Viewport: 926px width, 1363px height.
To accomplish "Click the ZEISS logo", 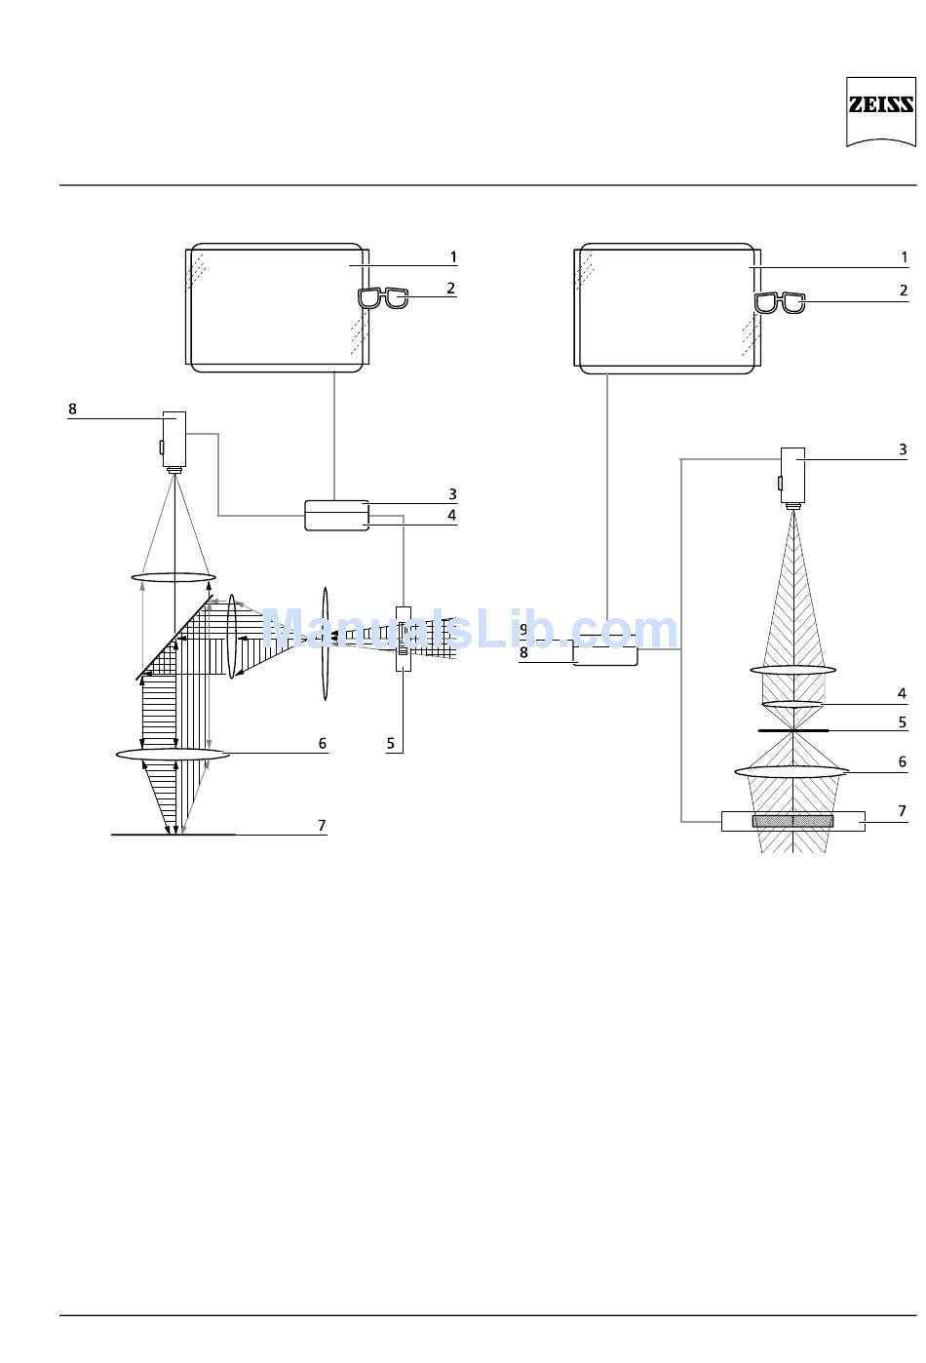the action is pos(880,111).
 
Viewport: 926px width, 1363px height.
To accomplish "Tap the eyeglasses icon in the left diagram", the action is pos(383,297).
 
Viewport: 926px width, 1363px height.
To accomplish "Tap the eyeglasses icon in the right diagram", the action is pos(780,302).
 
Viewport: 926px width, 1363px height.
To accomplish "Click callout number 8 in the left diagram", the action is pos(72,409).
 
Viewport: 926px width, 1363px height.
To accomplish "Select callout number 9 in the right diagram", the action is pos(523,630).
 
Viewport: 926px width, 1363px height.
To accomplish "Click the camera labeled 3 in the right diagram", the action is pos(792,479).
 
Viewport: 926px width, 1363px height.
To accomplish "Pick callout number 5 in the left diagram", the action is pos(391,743).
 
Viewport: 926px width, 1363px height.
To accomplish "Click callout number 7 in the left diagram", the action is pos(322,825).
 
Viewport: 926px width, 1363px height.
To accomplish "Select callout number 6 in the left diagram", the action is pos(323,743).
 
